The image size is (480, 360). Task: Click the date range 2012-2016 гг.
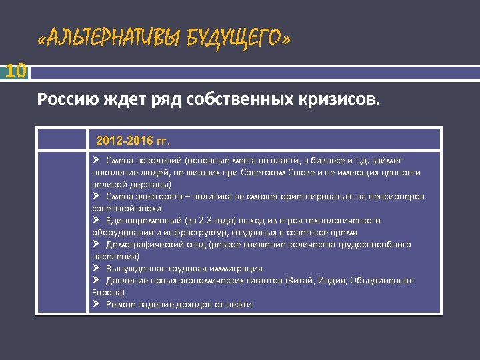(133, 141)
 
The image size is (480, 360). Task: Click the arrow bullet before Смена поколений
(97, 160)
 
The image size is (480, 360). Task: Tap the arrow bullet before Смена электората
(97, 196)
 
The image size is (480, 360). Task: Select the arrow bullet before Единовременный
(97, 220)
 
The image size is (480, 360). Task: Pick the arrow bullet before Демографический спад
(97, 244)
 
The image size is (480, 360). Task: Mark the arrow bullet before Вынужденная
(97, 268)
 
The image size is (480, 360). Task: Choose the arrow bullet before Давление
(97, 280)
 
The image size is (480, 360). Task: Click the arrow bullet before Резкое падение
(97, 304)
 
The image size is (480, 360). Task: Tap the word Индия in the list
(333, 280)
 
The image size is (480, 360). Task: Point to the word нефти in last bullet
(239, 304)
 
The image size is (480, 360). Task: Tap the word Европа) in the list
(107, 292)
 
